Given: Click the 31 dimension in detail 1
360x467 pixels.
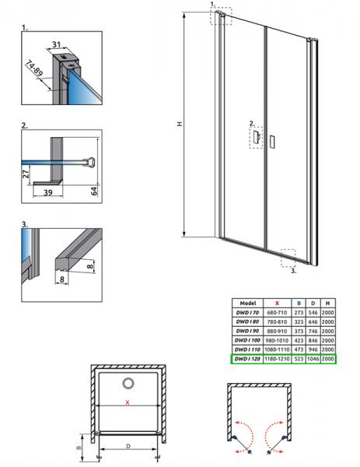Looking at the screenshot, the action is tap(56, 44).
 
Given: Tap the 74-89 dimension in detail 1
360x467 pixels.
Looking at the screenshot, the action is tap(34, 68).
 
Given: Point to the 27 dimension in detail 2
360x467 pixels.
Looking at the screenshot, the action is tap(26, 173).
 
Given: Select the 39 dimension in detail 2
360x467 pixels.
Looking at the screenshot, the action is tap(48, 192).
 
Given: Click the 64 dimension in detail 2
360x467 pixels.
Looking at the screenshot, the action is tap(94, 191).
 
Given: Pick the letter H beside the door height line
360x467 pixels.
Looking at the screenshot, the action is tap(180, 124).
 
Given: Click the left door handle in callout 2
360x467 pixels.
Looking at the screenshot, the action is tap(256, 138).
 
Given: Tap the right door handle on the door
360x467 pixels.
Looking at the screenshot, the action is tap(271, 142).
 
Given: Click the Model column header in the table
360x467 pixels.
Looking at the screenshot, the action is tap(247, 304).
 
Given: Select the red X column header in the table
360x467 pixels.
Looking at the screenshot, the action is tap(277, 304).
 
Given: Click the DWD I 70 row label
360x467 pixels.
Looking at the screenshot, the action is tap(247, 312).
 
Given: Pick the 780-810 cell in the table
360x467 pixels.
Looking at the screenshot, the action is tap(277, 322).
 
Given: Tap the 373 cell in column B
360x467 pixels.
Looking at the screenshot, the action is tap(299, 332).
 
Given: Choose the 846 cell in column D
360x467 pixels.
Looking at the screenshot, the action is tap(313, 340).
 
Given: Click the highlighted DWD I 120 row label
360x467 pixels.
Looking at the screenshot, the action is tap(247, 359).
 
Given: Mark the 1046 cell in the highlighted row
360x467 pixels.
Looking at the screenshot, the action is tap(313, 359).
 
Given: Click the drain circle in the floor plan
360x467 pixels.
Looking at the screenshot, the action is tap(128, 383).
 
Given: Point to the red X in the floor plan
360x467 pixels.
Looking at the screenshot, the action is tap(128, 402).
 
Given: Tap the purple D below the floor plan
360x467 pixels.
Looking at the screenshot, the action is tap(128, 446).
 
